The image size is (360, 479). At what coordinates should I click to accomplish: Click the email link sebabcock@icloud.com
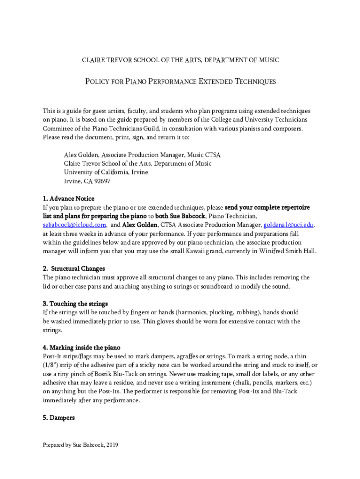(x=74, y=225)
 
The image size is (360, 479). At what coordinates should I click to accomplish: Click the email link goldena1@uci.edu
(x=287, y=225)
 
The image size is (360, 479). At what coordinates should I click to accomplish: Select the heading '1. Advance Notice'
(x=69, y=199)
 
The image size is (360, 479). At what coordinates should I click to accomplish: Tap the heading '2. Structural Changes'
(x=74, y=269)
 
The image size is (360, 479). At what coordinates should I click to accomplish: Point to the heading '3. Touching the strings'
(x=75, y=304)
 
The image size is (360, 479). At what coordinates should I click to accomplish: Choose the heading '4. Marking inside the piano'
(x=82, y=348)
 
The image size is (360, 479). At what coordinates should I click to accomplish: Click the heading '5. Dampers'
(x=58, y=418)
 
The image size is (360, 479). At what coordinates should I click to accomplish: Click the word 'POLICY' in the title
(x=97, y=82)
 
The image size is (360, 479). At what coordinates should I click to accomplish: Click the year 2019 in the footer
(x=112, y=445)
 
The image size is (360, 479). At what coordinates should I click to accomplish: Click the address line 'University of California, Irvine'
(x=106, y=172)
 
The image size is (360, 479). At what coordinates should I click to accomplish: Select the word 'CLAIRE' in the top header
(x=94, y=60)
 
